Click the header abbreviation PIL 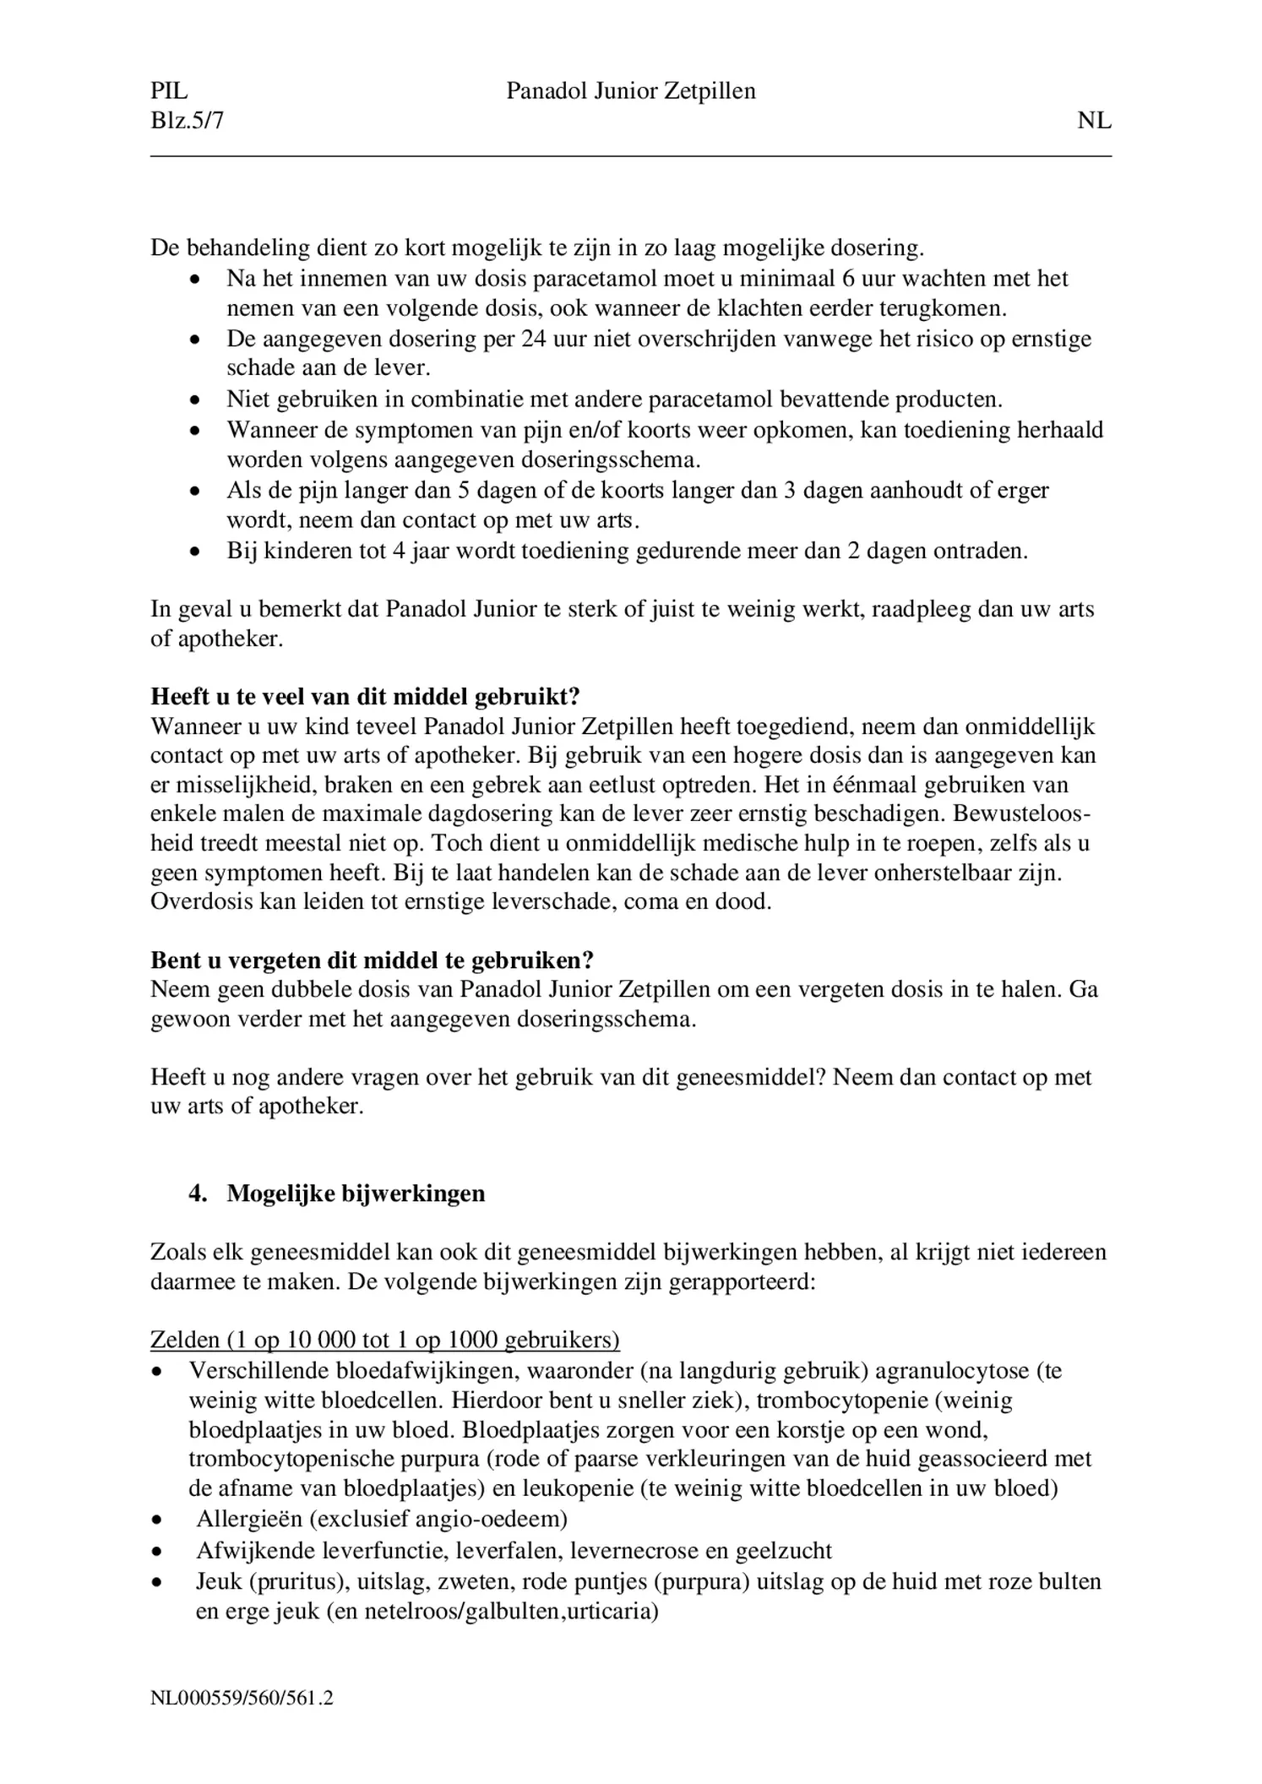tap(169, 91)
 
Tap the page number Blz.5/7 tap(188, 121)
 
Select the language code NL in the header tap(1094, 121)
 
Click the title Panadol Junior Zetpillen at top tap(631, 91)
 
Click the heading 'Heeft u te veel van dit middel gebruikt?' tap(365, 697)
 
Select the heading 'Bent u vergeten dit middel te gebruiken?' tap(372, 960)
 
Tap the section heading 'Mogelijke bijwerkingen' tap(356, 1194)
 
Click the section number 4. tap(198, 1194)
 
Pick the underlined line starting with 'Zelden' tap(384, 1341)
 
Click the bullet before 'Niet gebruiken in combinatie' tap(195, 400)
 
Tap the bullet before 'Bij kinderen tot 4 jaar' tap(195, 552)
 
